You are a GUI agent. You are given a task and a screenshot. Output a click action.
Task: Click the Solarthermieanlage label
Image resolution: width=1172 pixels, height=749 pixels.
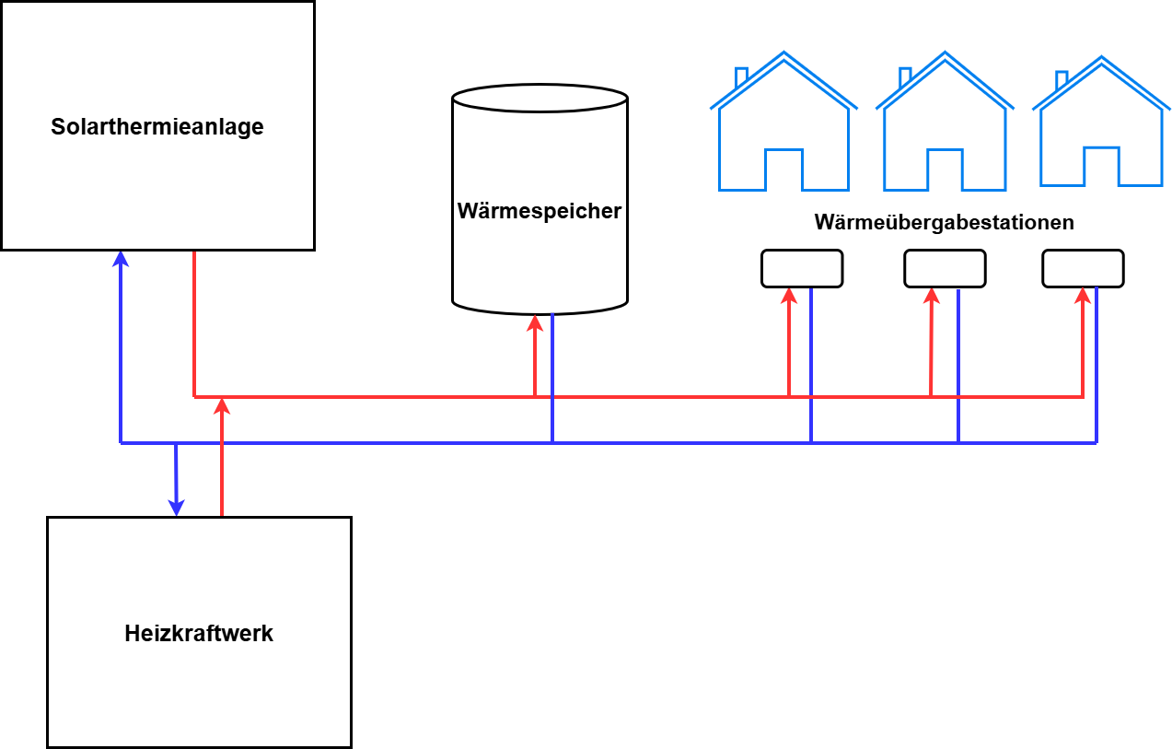(x=157, y=126)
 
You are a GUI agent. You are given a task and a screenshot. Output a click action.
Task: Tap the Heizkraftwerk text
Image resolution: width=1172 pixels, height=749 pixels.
(x=199, y=633)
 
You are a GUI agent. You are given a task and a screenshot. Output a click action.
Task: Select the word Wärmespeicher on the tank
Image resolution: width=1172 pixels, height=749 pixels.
(x=540, y=211)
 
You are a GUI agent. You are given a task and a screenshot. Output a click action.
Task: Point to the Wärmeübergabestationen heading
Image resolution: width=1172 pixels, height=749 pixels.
(x=945, y=222)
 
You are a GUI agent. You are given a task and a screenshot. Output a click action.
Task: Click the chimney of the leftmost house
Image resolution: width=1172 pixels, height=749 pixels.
(x=741, y=77)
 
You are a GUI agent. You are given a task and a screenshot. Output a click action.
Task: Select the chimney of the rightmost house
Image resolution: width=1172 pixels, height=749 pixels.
(x=1062, y=80)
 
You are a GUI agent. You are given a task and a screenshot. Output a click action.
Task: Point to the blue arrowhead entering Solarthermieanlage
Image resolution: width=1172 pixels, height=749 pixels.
(x=121, y=259)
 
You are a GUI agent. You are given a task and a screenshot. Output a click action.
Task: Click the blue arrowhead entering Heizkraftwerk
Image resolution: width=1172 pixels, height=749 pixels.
(x=177, y=508)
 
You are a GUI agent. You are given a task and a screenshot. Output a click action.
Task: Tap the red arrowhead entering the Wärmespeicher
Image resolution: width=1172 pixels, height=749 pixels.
(x=535, y=323)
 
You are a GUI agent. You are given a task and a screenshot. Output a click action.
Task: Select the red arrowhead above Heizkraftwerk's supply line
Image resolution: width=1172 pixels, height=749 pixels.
(x=223, y=406)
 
